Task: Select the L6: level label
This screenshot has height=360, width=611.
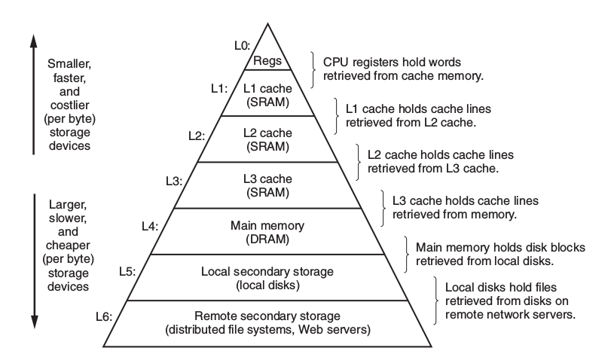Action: click(x=104, y=316)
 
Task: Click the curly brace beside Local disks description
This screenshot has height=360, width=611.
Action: click(x=438, y=301)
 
